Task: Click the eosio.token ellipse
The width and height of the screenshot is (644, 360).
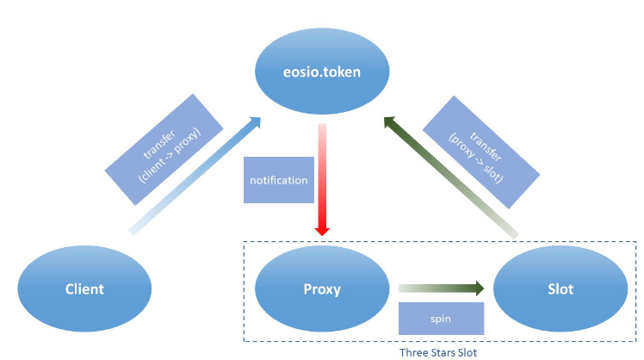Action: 322,71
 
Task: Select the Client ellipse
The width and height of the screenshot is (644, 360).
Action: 84,289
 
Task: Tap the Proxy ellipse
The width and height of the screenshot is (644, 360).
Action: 322,289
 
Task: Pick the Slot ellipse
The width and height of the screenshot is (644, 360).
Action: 560,289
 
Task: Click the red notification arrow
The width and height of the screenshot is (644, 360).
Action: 322,180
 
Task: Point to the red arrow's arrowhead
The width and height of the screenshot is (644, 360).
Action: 322,230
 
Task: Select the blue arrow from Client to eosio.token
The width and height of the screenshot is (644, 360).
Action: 195,176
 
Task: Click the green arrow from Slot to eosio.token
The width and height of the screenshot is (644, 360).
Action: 450,177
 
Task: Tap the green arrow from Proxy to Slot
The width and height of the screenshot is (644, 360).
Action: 441,288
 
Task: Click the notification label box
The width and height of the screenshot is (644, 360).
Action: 279,180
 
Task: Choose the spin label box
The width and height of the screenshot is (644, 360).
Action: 441,319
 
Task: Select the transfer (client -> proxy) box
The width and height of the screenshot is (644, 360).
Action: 164,150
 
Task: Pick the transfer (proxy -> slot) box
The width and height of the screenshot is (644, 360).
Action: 481,152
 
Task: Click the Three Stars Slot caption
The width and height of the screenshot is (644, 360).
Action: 438,352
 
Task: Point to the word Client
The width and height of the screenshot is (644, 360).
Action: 84,289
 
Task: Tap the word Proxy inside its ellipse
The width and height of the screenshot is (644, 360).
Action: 322,289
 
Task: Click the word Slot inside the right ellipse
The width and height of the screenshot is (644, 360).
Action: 560,289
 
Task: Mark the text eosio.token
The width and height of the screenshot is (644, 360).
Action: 322,72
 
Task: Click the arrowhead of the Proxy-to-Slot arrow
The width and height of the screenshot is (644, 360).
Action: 480,288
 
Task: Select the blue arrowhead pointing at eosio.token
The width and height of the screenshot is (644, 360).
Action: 255,122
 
